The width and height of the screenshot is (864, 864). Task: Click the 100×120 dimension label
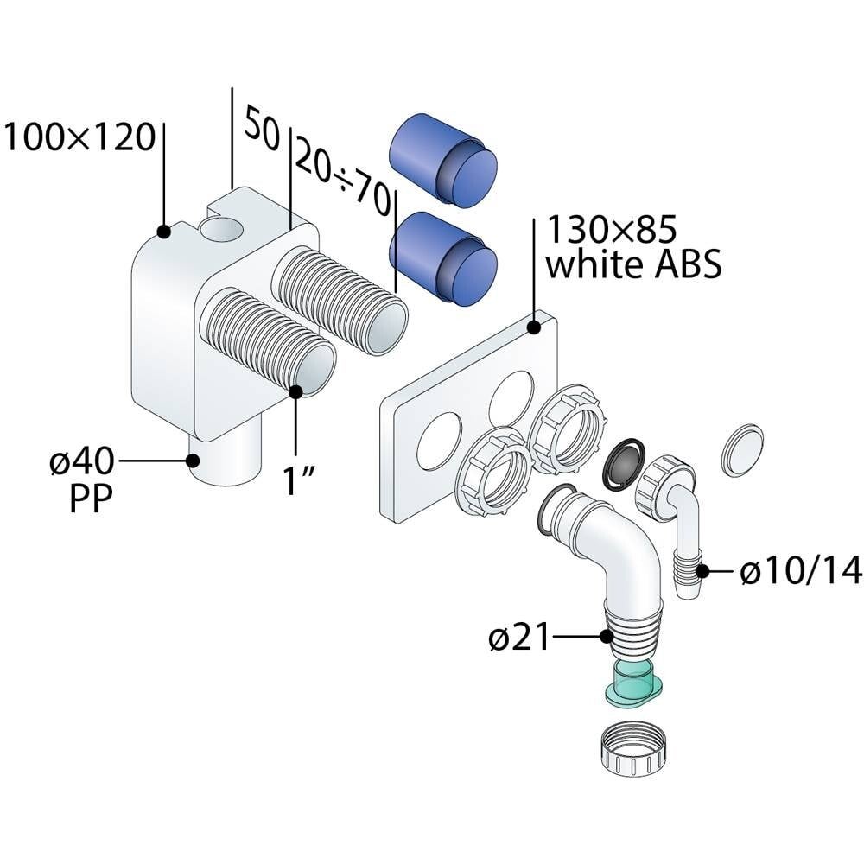(79, 137)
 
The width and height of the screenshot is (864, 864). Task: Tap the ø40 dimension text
(81, 463)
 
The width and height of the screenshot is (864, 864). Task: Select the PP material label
(91, 500)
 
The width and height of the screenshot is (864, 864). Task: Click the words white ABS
(633, 266)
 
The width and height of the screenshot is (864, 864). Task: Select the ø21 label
(518, 638)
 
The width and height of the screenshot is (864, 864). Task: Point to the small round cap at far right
(742, 449)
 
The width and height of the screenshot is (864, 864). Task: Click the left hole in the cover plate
(439, 441)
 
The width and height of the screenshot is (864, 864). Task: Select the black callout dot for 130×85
(535, 327)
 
